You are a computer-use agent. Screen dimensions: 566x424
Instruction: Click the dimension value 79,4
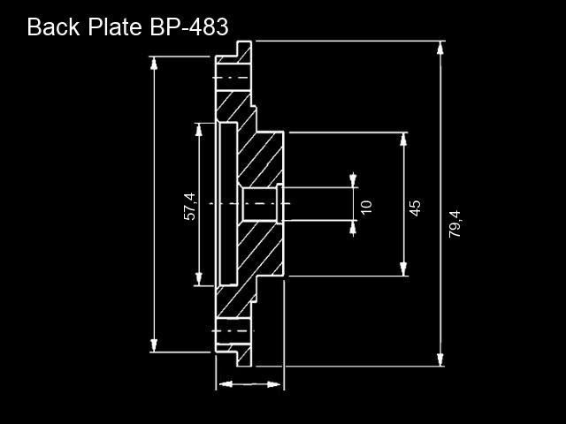tap(455, 223)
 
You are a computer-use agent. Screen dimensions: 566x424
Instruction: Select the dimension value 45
tap(415, 208)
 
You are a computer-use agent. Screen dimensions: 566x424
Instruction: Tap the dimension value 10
tap(366, 207)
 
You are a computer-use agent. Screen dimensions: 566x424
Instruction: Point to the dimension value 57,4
tap(190, 207)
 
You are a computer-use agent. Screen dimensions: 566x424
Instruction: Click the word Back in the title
tap(53, 26)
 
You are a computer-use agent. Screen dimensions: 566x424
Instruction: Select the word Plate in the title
tap(115, 26)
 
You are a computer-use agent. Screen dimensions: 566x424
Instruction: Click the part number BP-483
tap(188, 26)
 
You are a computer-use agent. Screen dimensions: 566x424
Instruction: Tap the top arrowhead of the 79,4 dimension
tap(440, 48)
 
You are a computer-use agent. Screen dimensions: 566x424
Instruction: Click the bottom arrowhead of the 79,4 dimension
tap(440, 360)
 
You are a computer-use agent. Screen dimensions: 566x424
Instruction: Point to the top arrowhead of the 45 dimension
tap(403, 140)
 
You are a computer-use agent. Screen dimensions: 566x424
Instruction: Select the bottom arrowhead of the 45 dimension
tap(403, 269)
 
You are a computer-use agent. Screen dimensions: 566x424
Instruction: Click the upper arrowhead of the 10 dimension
tap(353, 180)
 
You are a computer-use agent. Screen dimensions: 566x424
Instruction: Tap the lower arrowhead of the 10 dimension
tap(353, 228)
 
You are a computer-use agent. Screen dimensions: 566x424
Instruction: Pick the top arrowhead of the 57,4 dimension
tap(198, 130)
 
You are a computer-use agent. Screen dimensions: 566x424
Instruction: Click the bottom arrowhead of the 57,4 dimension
tap(198, 279)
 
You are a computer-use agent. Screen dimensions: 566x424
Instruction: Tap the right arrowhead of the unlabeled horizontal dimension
tap(273, 384)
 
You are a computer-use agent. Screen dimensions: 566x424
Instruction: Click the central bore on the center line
tap(260, 204)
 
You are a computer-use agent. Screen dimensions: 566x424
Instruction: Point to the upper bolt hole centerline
tap(231, 78)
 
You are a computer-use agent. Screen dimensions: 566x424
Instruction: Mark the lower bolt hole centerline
tap(233, 330)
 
